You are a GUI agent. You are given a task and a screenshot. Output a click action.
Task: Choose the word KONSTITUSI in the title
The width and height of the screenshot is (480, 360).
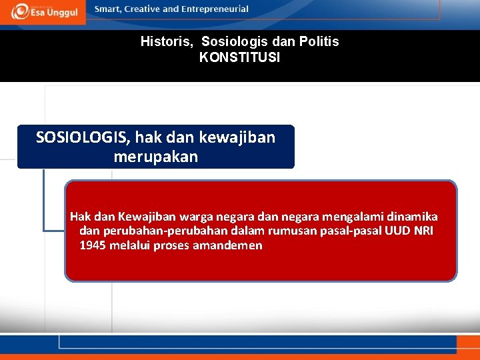pyautogui.click(x=239, y=58)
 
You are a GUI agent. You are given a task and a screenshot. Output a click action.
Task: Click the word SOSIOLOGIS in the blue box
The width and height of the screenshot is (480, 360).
pyautogui.click(x=83, y=137)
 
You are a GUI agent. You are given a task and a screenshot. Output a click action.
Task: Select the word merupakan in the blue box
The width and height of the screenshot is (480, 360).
pyautogui.click(x=155, y=157)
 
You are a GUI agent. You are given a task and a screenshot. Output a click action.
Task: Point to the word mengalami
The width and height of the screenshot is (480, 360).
pyautogui.click(x=354, y=216)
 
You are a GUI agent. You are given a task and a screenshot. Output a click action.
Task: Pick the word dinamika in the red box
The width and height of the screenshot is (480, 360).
pyautogui.click(x=413, y=216)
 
